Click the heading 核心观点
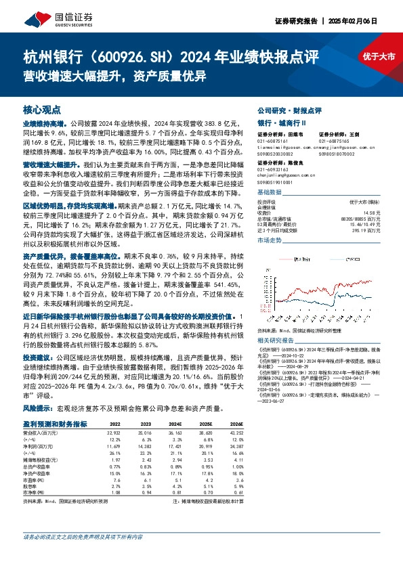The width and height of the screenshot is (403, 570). (42, 109)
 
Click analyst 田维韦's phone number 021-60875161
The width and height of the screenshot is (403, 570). (274, 141)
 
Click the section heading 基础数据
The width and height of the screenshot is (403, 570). (270, 193)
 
